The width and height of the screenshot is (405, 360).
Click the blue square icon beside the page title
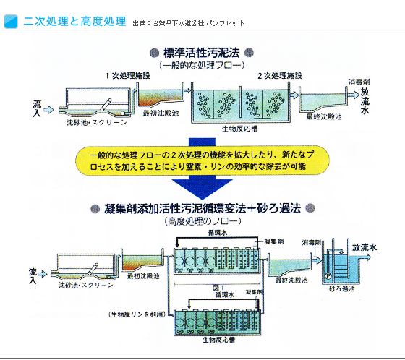[12, 21]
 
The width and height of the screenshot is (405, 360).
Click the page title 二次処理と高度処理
[74, 21]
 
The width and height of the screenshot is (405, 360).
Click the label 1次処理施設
[129, 76]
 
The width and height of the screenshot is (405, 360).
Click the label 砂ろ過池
[341, 288]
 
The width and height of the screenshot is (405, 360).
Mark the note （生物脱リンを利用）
[137, 314]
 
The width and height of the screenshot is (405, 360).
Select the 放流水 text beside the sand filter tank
[364, 247]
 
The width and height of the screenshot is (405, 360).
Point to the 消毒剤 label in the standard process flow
[359, 82]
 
